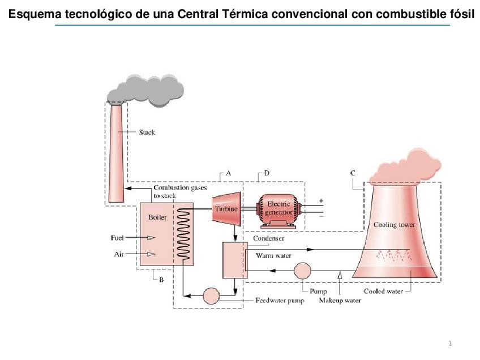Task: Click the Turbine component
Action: pos(225,209)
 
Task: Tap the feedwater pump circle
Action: pos(211,295)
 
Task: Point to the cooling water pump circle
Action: pos(302,271)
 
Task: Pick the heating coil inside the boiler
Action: pos(185,233)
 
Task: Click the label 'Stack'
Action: pos(147,132)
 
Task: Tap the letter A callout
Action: pos(228,173)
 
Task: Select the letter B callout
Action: pos(161,279)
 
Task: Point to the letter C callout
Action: pos(353,173)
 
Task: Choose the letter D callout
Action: pos(266,173)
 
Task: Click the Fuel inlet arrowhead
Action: pos(151,238)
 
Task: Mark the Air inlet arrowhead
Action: pos(151,254)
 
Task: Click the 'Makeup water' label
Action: pos(340,301)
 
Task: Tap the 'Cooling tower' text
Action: pos(394,225)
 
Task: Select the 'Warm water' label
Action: pos(273,256)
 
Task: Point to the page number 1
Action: pos(450,343)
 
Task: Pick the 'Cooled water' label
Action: pos(383,292)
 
